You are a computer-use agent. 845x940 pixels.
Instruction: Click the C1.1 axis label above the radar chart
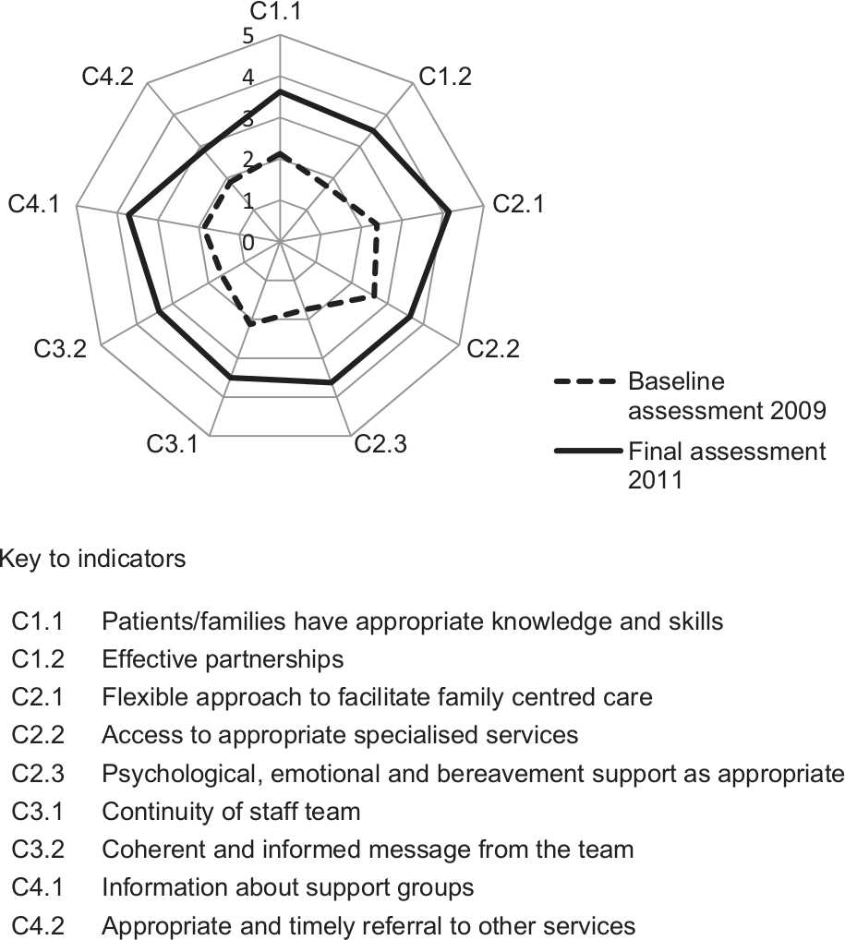276,11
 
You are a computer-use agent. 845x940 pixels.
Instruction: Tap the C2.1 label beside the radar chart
519,204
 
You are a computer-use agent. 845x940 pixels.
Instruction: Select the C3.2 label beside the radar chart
60,348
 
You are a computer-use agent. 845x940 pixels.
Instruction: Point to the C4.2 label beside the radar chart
108,77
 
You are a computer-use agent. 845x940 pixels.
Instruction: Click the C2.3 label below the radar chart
380,444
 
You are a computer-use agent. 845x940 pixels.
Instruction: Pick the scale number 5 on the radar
247,37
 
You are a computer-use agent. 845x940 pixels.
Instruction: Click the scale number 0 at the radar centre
247,243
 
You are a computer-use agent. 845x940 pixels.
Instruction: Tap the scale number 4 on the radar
247,78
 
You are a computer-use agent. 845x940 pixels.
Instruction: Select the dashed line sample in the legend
585,381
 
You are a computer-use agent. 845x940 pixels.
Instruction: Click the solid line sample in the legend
587,451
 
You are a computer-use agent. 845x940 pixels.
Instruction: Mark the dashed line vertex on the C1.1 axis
280,155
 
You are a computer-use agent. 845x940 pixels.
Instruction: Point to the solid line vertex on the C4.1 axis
128,216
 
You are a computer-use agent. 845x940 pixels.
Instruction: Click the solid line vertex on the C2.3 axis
331,382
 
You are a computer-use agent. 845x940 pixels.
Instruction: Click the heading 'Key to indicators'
93,559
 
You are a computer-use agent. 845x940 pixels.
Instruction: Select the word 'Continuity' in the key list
158,812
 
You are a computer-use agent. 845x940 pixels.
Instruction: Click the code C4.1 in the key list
37,887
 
